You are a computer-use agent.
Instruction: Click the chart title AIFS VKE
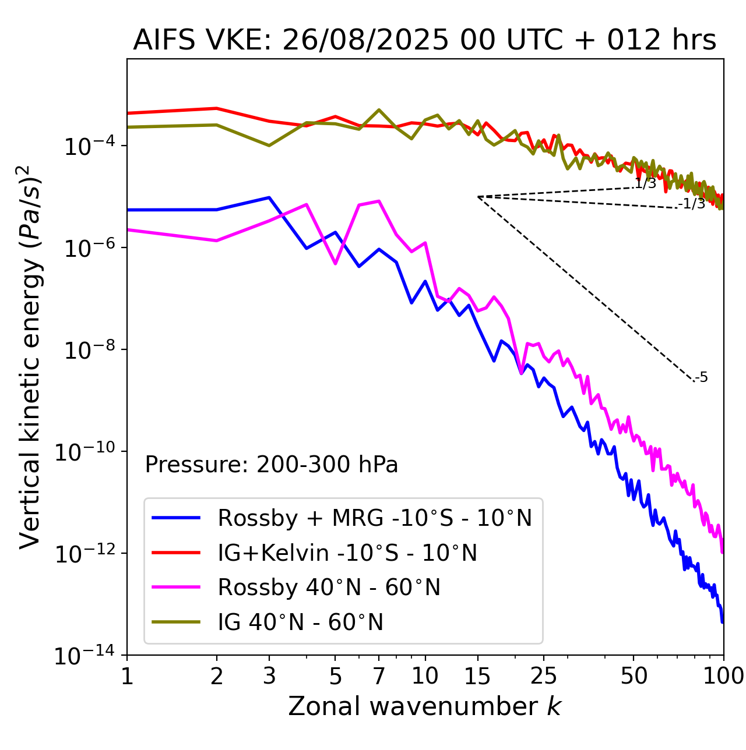pos(424,41)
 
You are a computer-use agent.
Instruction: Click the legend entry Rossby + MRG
pos(374,518)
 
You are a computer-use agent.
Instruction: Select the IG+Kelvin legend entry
pos(347,553)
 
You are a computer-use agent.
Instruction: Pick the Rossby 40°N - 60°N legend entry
pos(329,588)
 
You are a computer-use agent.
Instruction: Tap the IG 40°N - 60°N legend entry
pos(300,622)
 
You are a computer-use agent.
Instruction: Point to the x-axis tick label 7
pos(379,676)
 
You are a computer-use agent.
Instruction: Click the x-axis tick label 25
pos(543,676)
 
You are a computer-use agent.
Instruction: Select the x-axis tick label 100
pos(723,676)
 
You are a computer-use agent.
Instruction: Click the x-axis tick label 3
pos(269,676)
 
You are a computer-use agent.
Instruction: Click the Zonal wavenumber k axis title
pos(424,706)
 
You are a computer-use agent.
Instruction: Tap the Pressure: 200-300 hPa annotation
pos(271,465)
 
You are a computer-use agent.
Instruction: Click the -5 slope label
pos(702,377)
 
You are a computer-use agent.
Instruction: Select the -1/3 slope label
pos(692,203)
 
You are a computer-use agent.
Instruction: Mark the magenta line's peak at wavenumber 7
pos(379,201)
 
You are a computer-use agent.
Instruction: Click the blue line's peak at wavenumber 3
pos(269,197)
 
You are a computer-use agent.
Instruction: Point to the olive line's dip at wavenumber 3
pos(269,146)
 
